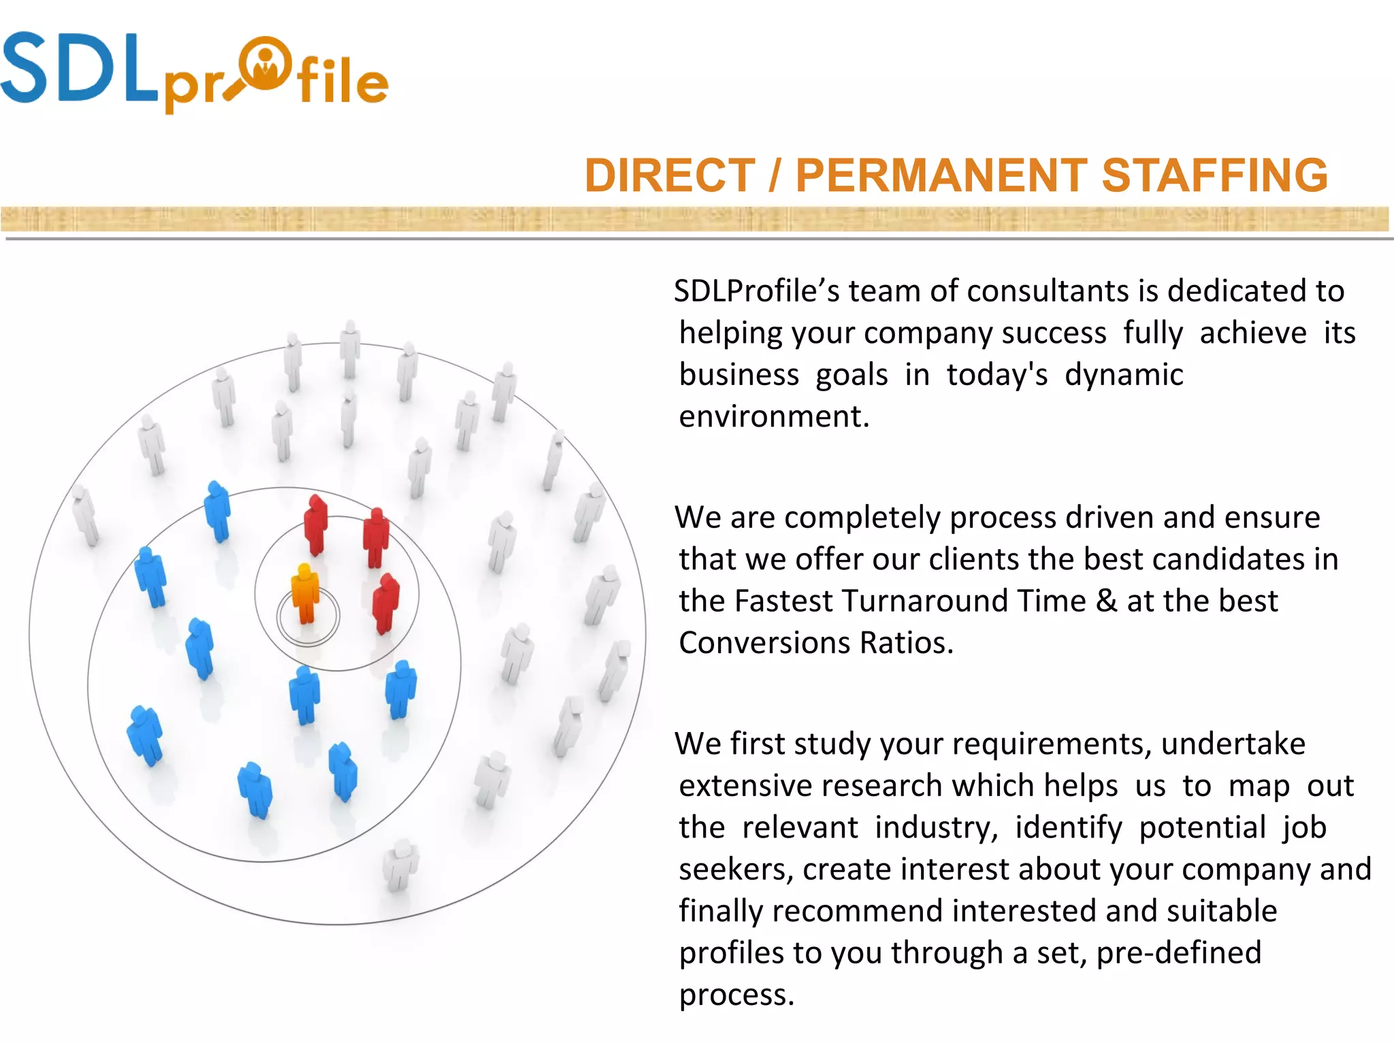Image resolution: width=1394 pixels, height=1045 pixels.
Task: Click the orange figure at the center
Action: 305,593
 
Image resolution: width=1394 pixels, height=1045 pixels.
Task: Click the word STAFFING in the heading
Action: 1214,176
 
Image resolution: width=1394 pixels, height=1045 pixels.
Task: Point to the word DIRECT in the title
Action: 670,176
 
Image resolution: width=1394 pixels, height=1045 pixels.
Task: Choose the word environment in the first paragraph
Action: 773,416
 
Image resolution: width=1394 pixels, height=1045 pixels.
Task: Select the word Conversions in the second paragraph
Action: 764,643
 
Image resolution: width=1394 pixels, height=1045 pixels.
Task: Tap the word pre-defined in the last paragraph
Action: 1179,953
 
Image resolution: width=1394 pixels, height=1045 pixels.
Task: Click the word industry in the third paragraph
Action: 935,828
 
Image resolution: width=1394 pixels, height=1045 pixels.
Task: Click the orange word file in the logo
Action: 342,82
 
